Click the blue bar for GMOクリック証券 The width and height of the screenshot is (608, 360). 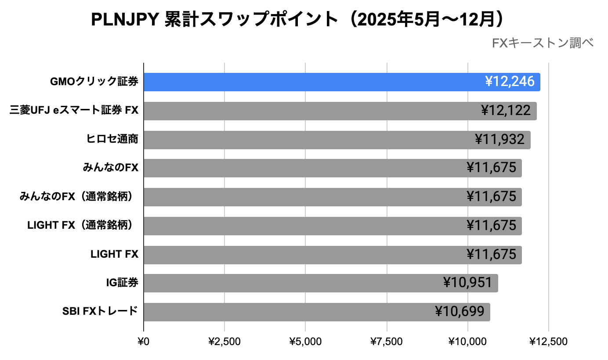308,82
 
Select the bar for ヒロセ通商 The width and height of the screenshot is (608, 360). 308,140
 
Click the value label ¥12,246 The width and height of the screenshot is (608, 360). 510,82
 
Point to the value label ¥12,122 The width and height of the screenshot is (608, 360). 506,111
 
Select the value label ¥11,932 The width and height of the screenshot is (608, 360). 499,140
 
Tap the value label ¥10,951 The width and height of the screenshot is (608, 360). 467,283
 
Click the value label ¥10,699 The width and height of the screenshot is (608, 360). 460,312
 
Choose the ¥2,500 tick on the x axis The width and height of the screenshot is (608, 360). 224,342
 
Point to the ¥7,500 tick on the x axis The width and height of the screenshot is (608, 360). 387,342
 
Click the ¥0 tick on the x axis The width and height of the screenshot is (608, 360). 144,342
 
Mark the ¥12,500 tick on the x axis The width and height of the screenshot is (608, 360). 548,342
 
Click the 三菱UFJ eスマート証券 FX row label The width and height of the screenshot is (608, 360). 74,111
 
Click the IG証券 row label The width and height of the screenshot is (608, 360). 122,283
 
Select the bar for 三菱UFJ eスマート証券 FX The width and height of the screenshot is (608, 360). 308,111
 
